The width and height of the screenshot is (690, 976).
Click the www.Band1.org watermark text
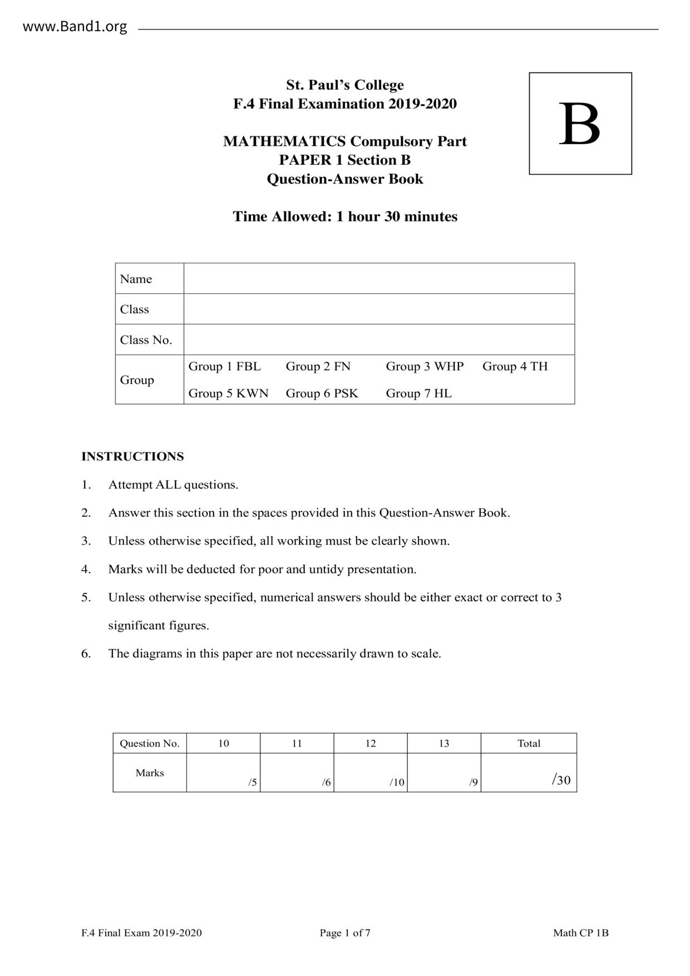[75, 27]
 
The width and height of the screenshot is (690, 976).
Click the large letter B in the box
[579, 125]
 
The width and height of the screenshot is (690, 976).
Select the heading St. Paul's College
[344, 85]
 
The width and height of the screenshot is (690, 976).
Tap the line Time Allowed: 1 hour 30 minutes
[344, 216]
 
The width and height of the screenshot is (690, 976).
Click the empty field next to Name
[379, 278]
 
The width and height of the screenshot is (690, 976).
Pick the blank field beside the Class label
[379, 309]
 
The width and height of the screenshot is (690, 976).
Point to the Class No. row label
[146, 340]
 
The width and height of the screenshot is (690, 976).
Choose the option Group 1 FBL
[224, 366]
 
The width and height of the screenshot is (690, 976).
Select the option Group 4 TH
[515, 366]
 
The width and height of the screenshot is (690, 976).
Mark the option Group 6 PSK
[322, 393]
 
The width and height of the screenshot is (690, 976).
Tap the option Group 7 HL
[418, 393]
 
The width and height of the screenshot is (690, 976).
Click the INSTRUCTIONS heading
[132, 456]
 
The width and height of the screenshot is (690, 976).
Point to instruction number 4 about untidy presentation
[262, 569]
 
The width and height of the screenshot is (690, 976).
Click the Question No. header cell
[150, 743]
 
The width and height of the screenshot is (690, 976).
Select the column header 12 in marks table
[371, 743]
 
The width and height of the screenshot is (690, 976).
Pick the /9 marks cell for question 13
[444, 773]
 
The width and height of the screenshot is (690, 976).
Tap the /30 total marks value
[561, 780]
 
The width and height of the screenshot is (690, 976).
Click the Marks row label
[150, 773]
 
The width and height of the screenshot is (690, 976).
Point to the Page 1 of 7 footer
[345, 933]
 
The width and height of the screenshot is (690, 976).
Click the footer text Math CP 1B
[580, 933]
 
